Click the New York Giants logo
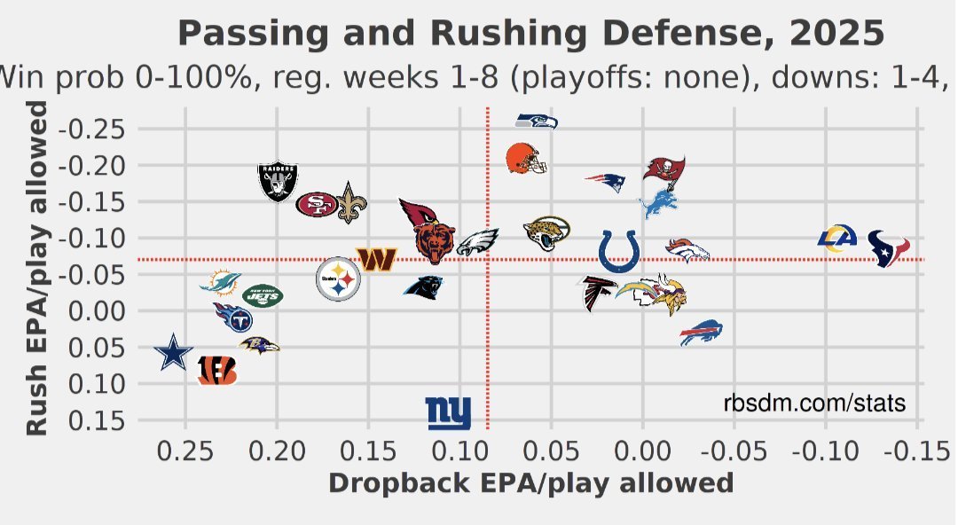pyautogui.click(x=449, y=413)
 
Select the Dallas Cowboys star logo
pyautogui.click(x=174, y=353)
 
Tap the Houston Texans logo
pyautogui.click(x=888, y=249)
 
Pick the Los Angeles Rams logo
pyautogui.click(x=837, y=239)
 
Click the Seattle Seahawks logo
pyautogui.click(x=537, y=121)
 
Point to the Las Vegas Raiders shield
pyautogui.click(x=279, y=182)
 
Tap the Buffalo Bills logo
pyautogui.click(x=702, y=333)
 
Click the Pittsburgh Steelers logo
pyautogui.click(x=338, y=279)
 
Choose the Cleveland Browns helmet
pyautogui.click(x=525, y=159)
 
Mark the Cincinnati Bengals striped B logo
pyautogui.click(x=217, y=370)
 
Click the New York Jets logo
pyautogui.click(x=262, y=295)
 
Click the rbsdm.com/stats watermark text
pyautogui.click(x=814, y=404)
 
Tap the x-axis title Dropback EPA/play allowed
pyautogui.click(x=530, y=483)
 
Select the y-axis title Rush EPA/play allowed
pyautogui.click(x=36, y=268)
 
